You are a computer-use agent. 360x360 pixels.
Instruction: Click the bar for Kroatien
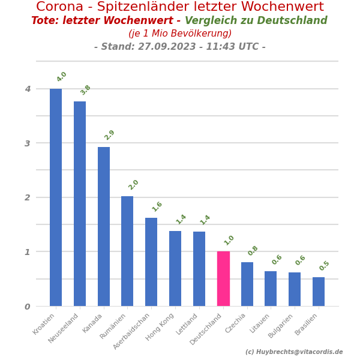[56, 197]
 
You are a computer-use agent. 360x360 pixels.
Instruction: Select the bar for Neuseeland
[80, 203]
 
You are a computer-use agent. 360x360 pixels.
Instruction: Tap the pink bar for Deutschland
[223, 278]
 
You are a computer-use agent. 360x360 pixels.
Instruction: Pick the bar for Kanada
[104, 226]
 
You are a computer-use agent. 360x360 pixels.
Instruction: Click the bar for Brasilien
[319, 292]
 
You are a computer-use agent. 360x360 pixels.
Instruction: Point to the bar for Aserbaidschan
[151, 262]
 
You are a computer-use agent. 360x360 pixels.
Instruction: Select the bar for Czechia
[247, 284]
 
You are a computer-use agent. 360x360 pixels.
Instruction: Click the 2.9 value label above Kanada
[109, 135]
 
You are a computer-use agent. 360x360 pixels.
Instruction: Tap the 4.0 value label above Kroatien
[62, 77]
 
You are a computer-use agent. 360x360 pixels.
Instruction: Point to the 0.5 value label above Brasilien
[325, 266]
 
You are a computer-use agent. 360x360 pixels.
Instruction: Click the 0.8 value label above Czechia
[253, 251]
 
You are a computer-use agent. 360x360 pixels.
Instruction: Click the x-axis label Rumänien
[113, 326]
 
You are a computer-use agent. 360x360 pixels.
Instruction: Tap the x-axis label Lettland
[187, 324]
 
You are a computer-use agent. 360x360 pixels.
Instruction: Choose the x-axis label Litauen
[260, 323]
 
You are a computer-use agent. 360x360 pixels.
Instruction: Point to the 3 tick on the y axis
[28, 143]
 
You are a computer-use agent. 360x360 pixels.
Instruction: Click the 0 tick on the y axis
[28, 307]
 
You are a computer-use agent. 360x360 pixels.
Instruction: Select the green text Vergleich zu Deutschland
[256, 21]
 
